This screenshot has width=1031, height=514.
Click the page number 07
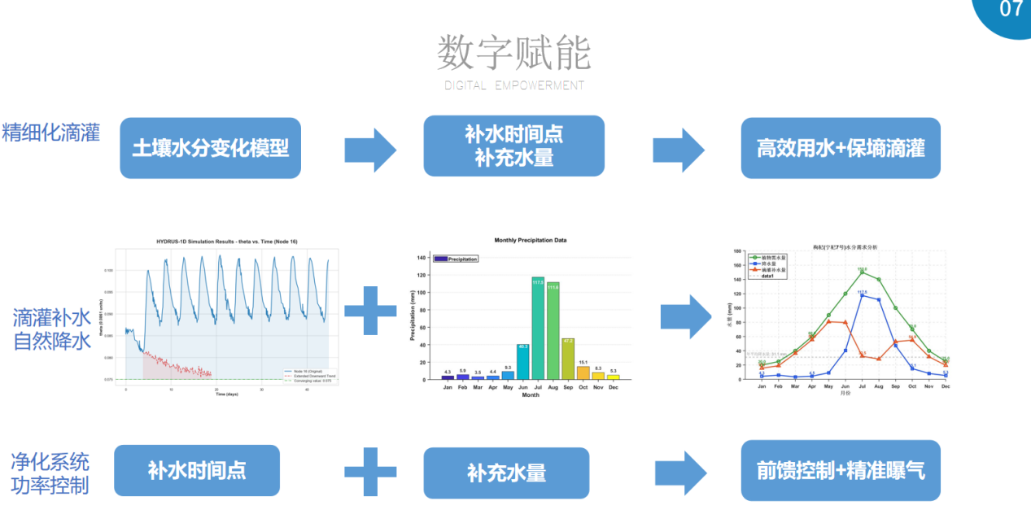[x=1011, y=10]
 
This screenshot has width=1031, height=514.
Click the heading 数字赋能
[x=513, y=54]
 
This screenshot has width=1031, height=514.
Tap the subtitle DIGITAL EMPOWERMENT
[x=513, y=85]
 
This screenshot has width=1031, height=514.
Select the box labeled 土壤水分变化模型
[x=210, y=148]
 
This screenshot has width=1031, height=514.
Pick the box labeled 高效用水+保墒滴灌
[x=840, y=148]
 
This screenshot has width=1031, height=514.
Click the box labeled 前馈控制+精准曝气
[x=840, y=470]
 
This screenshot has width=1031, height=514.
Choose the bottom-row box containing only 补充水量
[x=505, y=473]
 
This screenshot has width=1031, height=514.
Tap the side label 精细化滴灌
[x=51, y=133]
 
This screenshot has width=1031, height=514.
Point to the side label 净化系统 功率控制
[x=50, y=474]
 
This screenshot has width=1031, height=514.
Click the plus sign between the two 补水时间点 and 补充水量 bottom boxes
[x=370, y=470]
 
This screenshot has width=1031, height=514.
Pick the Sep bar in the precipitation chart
[x=568, y=359]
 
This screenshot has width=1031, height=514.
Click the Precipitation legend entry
[x=456, y=259]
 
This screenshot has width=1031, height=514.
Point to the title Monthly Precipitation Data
[x=531, y=241]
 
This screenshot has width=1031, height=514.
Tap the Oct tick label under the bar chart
[x=583, y=387]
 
